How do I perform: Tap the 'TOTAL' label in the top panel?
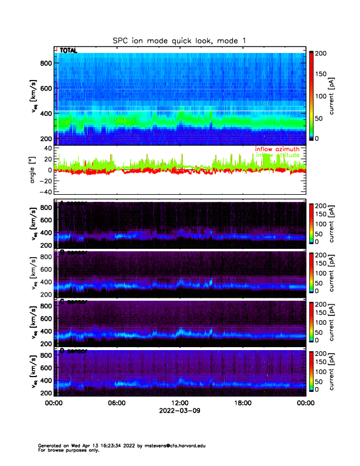click(x=68, y=51)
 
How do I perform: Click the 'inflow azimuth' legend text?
click(x=277, y=149)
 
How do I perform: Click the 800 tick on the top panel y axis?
click(x=46, y=63)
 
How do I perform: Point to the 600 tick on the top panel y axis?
click(x=46, y=88)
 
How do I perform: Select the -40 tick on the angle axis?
click(x=44, y=192)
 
